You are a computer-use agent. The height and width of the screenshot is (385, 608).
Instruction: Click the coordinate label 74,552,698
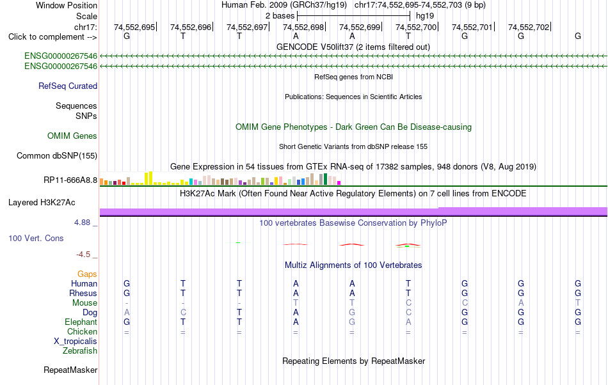point(303,27)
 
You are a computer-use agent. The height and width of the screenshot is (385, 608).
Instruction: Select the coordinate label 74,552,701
point(472,27)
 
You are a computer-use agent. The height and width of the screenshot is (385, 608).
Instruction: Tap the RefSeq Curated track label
point(68,86)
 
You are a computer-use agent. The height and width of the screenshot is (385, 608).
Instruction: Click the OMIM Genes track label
point(72,136)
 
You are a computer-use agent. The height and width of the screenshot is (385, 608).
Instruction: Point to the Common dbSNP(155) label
point(57,155)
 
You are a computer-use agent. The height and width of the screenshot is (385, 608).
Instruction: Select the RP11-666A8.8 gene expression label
point(70,180)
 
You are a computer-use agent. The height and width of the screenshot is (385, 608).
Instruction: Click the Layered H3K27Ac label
point(42,203)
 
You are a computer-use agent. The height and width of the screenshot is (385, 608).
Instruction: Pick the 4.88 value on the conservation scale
point(82,223)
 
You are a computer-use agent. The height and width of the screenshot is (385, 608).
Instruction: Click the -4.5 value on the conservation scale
point(83,255)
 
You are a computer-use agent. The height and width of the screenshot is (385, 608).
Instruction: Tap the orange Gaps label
point(87,274)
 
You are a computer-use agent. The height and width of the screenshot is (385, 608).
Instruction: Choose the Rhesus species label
point(83,293)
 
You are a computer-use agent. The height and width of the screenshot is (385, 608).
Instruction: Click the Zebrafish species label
point(80,351)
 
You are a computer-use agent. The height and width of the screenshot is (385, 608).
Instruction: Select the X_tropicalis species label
point(76,342)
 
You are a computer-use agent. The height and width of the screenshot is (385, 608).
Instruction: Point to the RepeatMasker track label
point(70,370)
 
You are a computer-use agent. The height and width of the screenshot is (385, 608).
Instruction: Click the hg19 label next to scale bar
point(425,16)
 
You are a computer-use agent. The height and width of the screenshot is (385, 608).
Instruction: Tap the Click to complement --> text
point(52,37)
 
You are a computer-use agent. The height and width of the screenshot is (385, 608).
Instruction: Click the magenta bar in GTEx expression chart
point(339,183)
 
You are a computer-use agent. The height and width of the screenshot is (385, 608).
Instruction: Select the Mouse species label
point(84,303)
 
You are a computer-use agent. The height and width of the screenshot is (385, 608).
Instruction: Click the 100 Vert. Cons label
point(36,238)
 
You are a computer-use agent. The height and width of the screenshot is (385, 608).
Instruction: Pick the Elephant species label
point(81,322)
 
